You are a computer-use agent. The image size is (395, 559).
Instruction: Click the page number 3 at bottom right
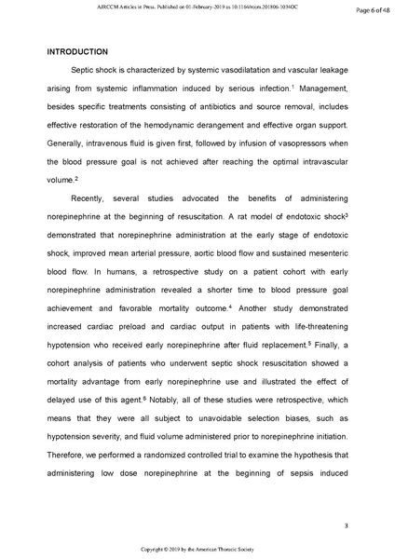pyautogui.click(x=346, y=527)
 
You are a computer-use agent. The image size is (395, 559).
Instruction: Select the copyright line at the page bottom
pyautogui.click(x=197, y=550)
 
